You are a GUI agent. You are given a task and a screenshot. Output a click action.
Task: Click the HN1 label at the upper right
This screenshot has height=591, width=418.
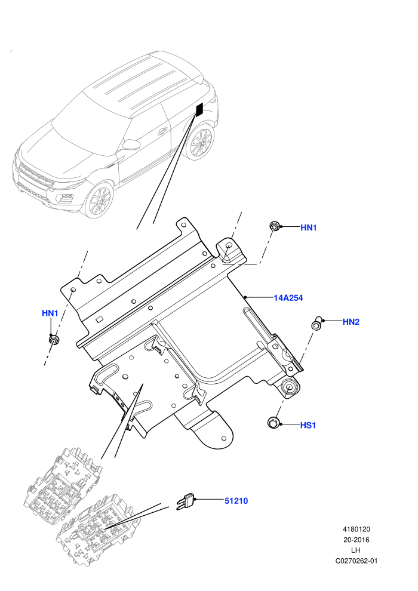308,227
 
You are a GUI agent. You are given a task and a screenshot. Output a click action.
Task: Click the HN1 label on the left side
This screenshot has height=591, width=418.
50,313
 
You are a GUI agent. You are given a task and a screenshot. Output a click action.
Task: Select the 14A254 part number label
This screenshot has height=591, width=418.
288,298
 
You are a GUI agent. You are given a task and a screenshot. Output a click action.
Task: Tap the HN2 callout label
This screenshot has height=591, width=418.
351,322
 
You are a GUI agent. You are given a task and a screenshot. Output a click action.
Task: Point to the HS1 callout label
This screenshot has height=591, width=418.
308,425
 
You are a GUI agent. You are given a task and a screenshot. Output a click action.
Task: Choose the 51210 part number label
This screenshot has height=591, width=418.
236,501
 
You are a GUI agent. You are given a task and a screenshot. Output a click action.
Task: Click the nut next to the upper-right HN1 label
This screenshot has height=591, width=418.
274,226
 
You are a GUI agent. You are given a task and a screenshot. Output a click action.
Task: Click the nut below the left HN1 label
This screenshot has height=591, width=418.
54,339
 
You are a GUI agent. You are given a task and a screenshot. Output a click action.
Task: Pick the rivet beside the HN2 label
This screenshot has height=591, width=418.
316,323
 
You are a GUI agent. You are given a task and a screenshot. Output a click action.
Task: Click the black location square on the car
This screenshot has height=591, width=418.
199,109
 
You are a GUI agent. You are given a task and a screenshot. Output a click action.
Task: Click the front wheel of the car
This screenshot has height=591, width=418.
98,200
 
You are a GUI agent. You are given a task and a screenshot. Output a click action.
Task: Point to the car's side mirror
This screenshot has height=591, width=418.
131,144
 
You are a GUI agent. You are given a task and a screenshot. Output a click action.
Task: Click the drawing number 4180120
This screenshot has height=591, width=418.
356,529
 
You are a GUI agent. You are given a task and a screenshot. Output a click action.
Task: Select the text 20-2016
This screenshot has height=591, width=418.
356,540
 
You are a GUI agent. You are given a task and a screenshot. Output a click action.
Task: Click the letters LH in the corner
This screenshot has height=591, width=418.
356,550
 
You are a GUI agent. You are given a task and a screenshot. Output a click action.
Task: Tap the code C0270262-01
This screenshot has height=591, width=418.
356,561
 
